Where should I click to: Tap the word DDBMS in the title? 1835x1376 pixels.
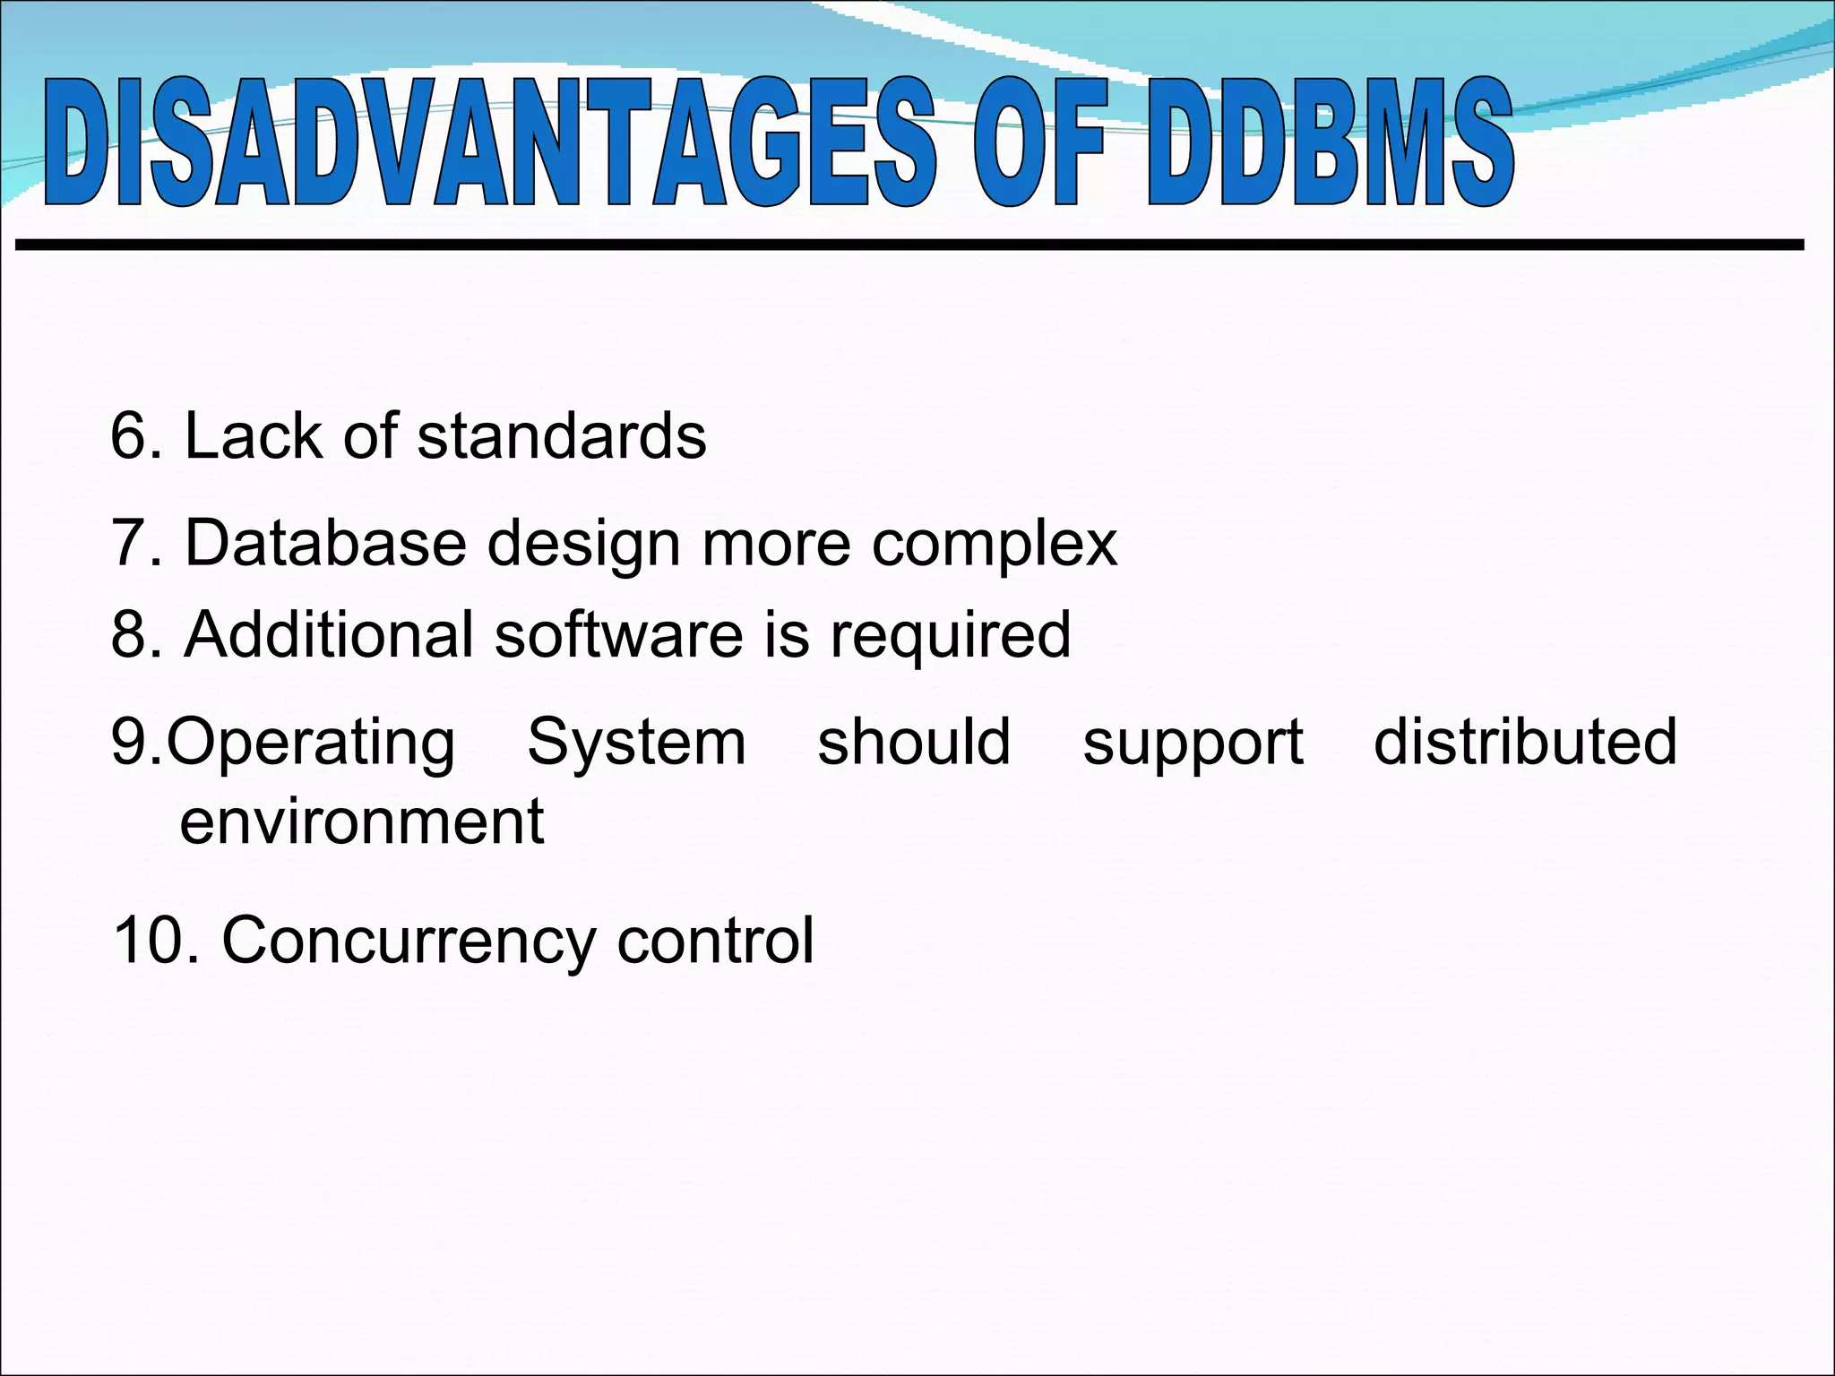click(1330, 143)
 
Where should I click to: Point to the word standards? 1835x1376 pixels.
click(562, 437)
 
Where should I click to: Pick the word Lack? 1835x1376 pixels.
click(253, 437)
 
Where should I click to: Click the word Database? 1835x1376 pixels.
click(325, 543)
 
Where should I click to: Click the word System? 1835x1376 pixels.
click(636, 744)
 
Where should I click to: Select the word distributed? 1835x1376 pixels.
click(1525, 742)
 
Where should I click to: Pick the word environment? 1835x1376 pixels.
click(361, 821)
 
